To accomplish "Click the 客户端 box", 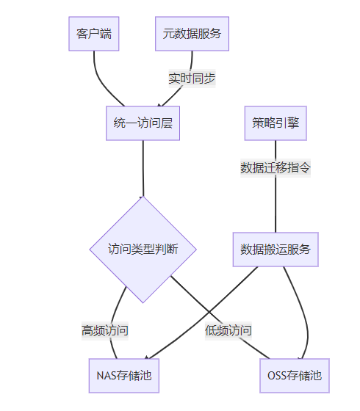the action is pos(94,34).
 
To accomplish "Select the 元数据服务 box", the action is pos(192,34).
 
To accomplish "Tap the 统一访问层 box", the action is pos(143,123).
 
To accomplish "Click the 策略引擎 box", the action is pos(276,123).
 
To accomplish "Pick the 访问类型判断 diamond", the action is pos(143,250).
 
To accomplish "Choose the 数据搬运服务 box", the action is pos(276,250).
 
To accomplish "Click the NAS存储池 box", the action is pos(124,376).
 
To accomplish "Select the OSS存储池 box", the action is pos(295,376).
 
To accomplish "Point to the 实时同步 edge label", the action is pos(192,79).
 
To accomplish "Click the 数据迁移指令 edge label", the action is pos(276,168).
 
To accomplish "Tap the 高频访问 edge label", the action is pos(105,331).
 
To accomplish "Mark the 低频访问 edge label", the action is pos(228,331).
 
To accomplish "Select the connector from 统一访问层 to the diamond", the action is pos(143,168).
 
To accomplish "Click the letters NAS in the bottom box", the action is pos(107,376).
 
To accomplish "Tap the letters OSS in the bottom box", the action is pos(277,376).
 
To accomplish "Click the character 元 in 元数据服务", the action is pos(168,34).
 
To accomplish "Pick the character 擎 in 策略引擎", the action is pos(293,123).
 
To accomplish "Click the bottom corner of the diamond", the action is pos(143,302).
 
